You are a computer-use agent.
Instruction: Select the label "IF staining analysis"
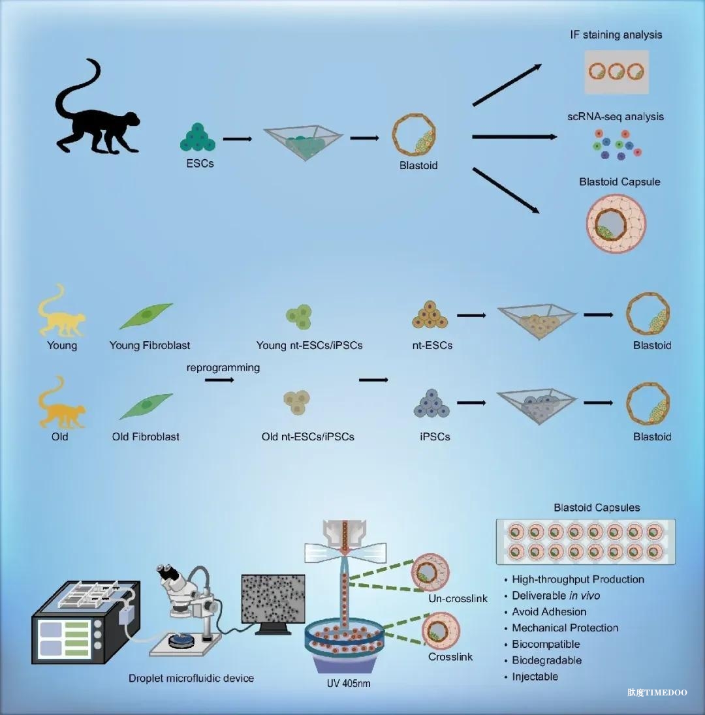[616, 35]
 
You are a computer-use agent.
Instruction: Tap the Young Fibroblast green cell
[146, 316]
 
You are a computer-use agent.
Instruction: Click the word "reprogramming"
[223, 367]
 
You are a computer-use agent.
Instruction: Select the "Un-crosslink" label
[458, 599]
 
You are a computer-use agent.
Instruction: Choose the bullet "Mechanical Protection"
[565, 628]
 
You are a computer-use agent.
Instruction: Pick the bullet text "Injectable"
[535, 677]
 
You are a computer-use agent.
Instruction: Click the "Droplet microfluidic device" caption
[191, 678]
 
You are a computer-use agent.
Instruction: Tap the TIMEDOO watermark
[657, 693]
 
